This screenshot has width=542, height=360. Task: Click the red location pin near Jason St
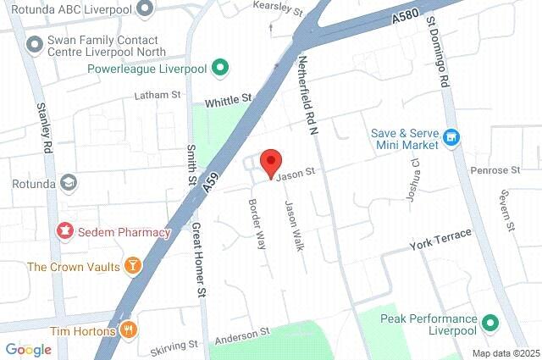pos(270,162)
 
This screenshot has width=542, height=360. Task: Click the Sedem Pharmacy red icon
pos(64,230)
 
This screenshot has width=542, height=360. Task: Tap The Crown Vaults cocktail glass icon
pos(132,267)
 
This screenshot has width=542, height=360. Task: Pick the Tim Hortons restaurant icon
pos(129,330)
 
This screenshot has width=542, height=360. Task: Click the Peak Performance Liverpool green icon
pos(489,323)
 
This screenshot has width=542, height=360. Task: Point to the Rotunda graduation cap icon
pos(67,182)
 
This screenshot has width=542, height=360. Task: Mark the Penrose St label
pos(495,170)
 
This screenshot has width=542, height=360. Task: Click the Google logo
pos(28,349)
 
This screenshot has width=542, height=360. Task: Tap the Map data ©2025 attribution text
pos(505,353)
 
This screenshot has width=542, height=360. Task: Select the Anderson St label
pos(241,335)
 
